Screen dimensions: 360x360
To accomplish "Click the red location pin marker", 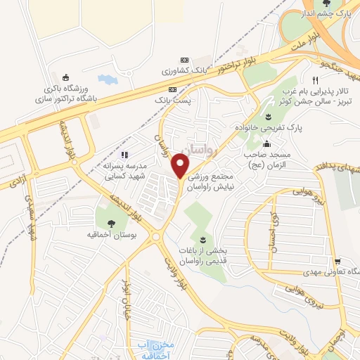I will [x=181, y=166].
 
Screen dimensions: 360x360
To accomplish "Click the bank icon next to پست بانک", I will [x=173, y=89].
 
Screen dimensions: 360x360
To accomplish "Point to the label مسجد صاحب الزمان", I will [x=266, y=157].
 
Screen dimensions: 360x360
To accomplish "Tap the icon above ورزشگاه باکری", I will [x=65, y=78].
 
